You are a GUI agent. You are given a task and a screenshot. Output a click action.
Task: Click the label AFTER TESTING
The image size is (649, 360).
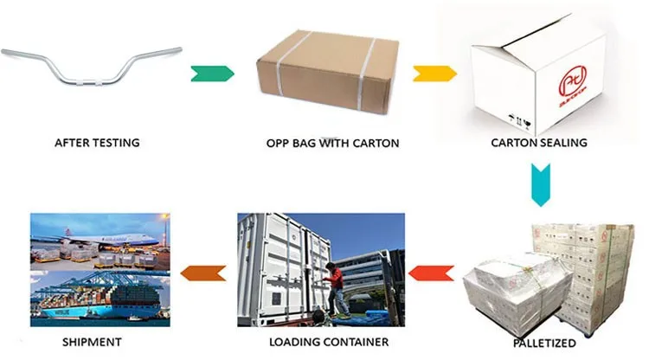click(x=97, y=143)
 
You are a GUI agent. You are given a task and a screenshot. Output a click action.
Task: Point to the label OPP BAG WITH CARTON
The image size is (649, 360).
click(x=331, y=143)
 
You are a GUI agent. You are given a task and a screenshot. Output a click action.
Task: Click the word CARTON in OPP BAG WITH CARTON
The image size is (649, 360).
click(x=376, y=143)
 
